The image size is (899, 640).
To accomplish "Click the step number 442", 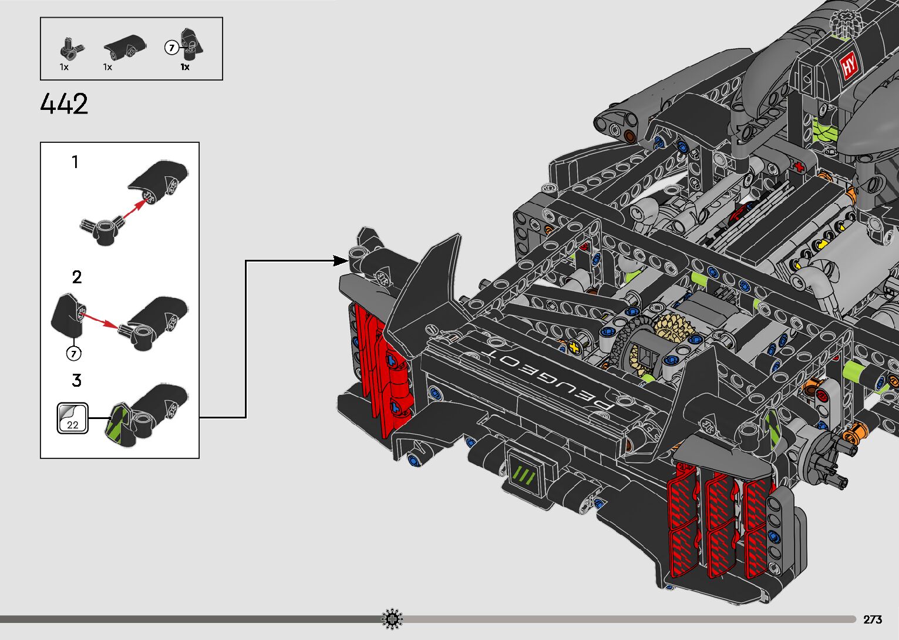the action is [x=64, y=103].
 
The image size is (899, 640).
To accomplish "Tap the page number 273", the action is [x=873, y=619].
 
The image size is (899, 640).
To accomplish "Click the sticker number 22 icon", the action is [x=73, y=418].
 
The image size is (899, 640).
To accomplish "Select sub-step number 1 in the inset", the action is [x=75, y=162].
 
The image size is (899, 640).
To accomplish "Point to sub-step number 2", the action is [x=77, y=277].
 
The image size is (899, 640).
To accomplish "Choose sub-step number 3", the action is [x=77, y=380].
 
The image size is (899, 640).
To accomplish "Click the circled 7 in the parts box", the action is [x=171, y=48].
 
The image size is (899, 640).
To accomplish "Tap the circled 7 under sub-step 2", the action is [x=73, y=354].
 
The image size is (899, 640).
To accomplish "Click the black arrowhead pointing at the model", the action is [x=341, y=261].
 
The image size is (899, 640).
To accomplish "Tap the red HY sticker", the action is [x=849, y=65].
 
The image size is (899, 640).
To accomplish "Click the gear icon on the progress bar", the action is [x=392, y=619].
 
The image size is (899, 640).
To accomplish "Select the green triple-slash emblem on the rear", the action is [x=524, y=475].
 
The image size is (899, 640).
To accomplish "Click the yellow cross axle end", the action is [x=574, y=348].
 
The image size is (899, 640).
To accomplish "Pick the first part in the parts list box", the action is [x=70, y=48].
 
